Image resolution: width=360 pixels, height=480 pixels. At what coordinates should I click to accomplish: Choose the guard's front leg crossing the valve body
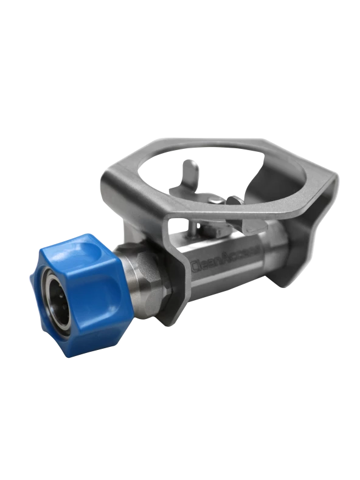176,273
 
